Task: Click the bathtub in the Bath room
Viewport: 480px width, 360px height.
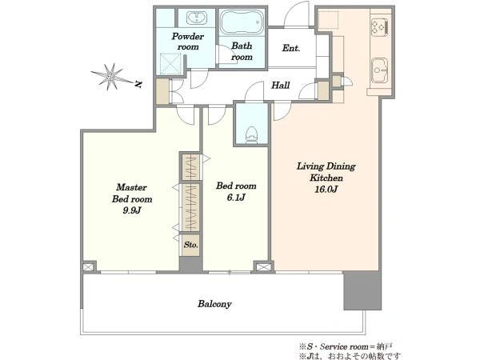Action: coord(242,22)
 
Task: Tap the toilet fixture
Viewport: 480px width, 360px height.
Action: coord(252,135)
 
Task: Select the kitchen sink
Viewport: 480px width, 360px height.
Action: coord(379,70)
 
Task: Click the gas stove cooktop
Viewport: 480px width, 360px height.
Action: coord(379,26)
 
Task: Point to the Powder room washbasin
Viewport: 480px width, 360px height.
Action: coord(196,18)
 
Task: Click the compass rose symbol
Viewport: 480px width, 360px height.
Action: coord(111,77)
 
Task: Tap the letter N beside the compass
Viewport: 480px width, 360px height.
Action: coord(138,84)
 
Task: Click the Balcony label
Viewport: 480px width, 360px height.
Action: coord(214,304)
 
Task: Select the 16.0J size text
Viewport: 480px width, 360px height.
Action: coord(326,190)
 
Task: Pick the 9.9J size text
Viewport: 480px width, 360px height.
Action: coord(132,210)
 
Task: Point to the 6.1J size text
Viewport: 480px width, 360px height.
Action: coord(236,198)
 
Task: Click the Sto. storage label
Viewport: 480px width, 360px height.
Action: coord(190,245)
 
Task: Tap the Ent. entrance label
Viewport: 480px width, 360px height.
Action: coord(291,48)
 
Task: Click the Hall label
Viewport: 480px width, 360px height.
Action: coord(281,85)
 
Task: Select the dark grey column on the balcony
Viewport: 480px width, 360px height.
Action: coord(362,291)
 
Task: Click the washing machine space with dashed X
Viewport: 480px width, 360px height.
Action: coord(170,63)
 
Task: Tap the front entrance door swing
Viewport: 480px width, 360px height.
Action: coord(297,14)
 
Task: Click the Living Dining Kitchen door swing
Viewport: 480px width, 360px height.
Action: coord(282,111)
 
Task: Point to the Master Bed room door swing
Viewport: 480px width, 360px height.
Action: coord(186,114)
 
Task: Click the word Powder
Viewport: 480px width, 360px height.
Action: coord(188,36)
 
